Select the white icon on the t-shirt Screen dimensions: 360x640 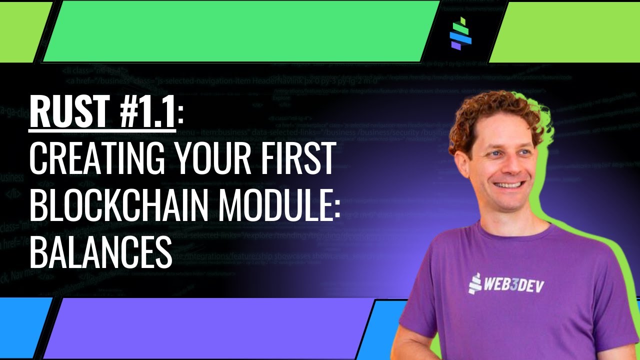(x=474, y=284)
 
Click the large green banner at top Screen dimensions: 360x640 (x=240, y=31)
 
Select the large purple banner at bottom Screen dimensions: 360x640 (x=210, y=327)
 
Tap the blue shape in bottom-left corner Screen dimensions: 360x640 (x=22, y=327)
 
